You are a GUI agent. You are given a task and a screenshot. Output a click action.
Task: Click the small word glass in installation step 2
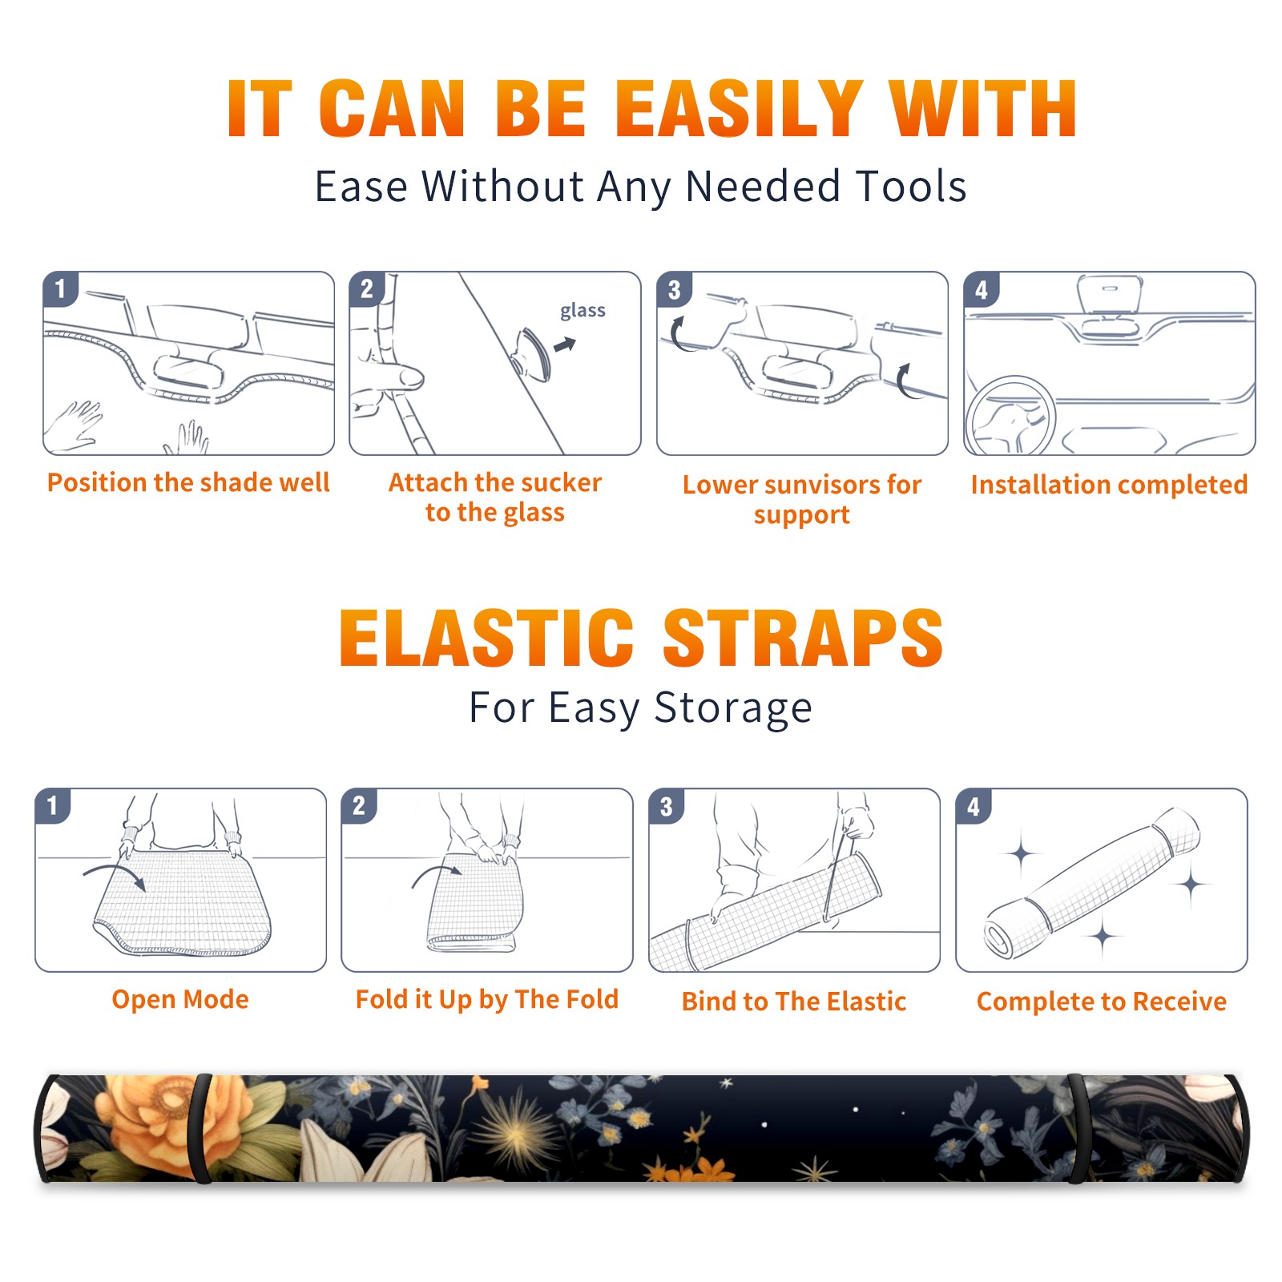click(x=583, y=310)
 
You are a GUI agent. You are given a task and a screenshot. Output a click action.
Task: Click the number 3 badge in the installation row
click(x=674, y=289)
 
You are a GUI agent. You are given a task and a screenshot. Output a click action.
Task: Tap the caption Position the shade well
click(x=188, y=482)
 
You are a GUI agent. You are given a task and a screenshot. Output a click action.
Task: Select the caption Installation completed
click(x=1109, y=485)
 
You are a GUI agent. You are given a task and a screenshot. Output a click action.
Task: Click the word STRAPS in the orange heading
click(x=803, y=638)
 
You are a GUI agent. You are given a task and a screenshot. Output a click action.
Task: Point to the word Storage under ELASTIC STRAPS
click(x=733, y=709)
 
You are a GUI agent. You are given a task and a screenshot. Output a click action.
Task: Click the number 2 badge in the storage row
click(x=359, y=805)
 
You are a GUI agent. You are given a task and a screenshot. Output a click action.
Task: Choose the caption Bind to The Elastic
click(x=794, y=1002)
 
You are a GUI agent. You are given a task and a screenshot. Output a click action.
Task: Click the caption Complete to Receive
click(x=1102, y=1002)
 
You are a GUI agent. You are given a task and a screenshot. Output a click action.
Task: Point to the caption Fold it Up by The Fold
click(x=487, y=1000)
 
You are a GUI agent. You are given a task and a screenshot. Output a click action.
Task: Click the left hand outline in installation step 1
click(x=74, y=426)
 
